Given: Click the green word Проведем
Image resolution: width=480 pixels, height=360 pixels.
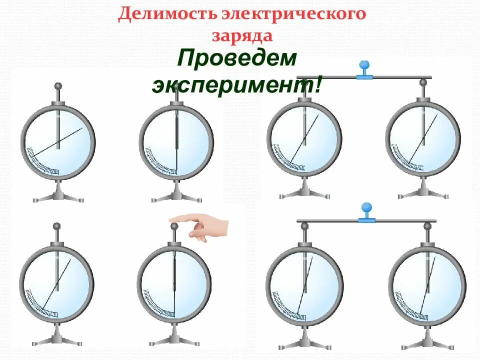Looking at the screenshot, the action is click(237, 60).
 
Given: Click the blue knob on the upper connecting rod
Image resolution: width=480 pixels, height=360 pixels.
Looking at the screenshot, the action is click(365, 65).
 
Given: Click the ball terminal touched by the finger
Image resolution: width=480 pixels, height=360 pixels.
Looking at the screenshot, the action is click(174, 226).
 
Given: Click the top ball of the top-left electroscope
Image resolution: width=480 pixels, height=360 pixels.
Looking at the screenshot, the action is click(58, 86).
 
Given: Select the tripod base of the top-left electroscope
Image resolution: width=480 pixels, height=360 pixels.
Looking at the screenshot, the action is click(58, 195).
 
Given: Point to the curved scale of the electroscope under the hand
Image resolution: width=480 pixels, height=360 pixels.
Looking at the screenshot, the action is click(158, 304).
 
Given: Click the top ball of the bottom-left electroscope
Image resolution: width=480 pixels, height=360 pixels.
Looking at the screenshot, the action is click(56, 226).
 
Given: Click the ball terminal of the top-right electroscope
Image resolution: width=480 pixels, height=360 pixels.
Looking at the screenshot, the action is click(423, 82).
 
